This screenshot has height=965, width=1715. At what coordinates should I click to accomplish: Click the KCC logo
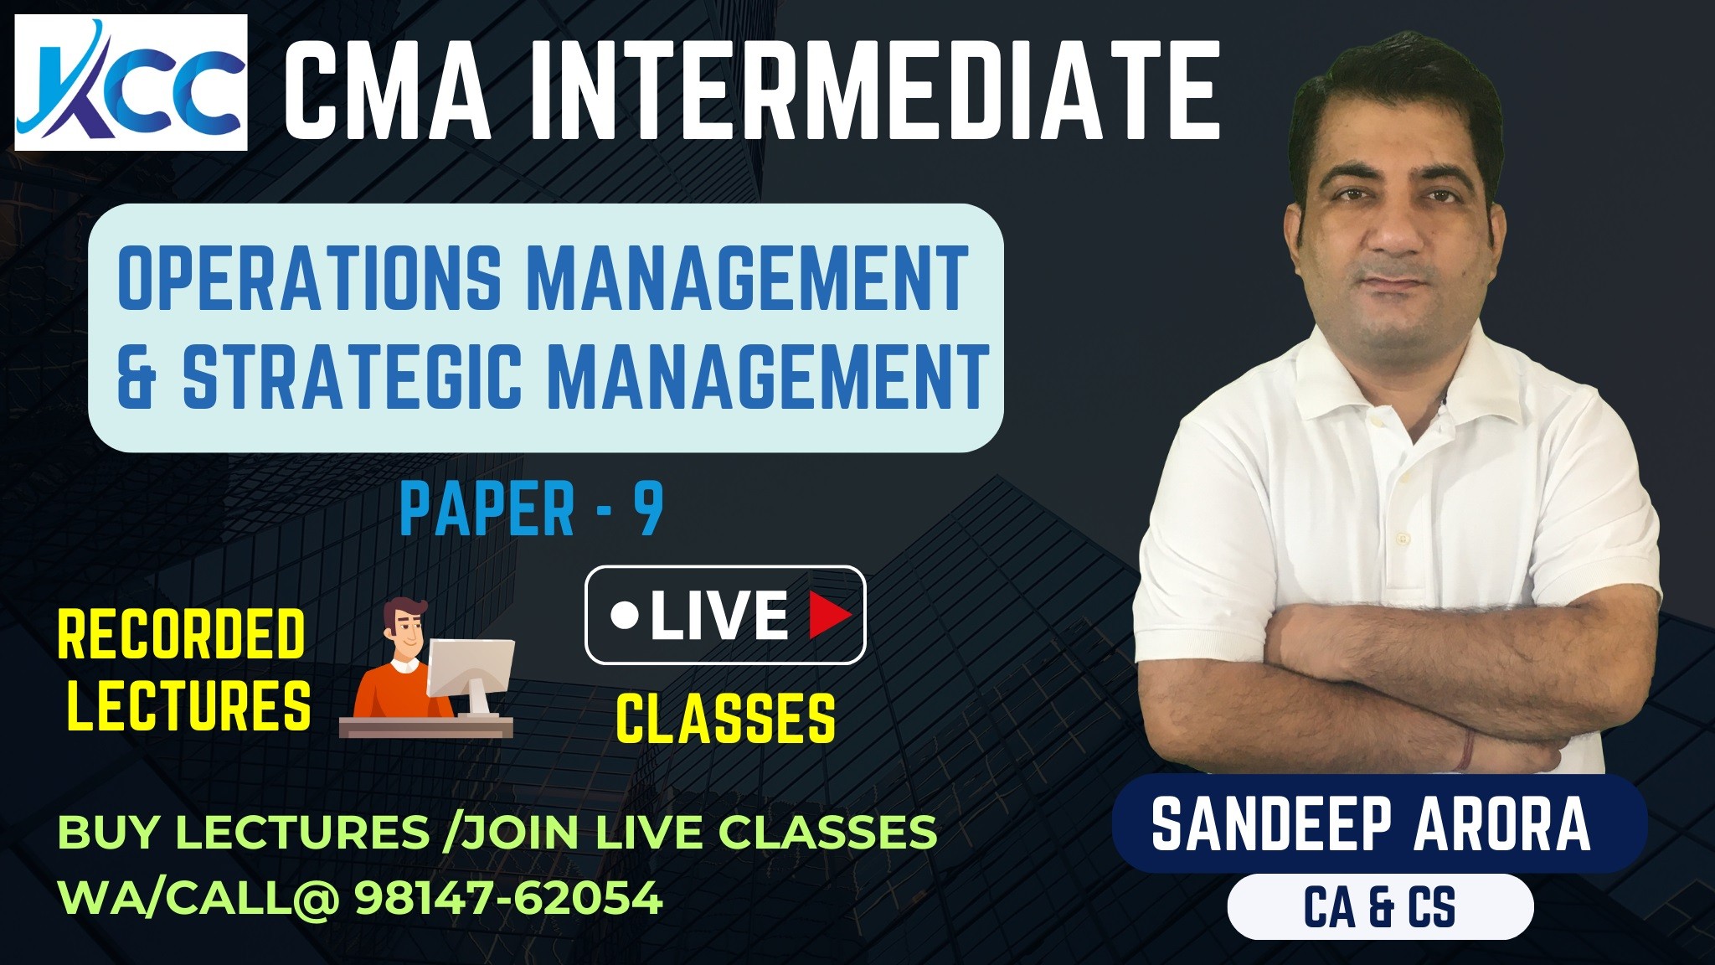(131, 82)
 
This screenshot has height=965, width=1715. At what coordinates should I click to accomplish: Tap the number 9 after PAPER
(647, 509)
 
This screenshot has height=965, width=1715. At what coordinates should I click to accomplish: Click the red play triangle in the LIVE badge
(829, 615)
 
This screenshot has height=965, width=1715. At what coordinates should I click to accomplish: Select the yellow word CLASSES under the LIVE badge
(725, 717)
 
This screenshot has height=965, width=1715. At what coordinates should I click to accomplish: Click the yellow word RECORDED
(181, 633)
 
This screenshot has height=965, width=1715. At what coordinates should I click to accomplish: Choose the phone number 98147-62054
(509, 898)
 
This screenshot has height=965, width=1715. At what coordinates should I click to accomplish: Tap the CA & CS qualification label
(1380, 906)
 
